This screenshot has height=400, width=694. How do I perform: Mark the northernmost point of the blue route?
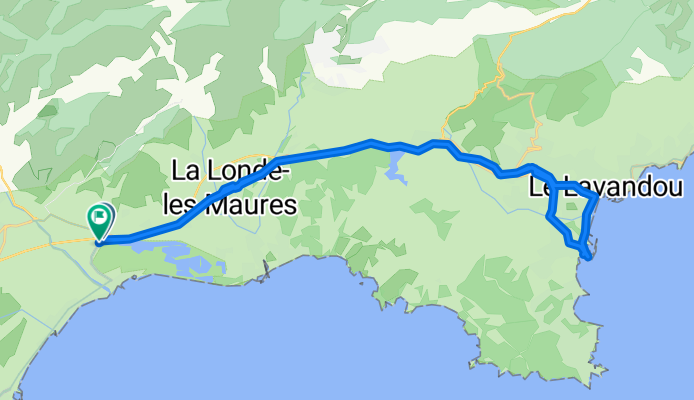point(371,141)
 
